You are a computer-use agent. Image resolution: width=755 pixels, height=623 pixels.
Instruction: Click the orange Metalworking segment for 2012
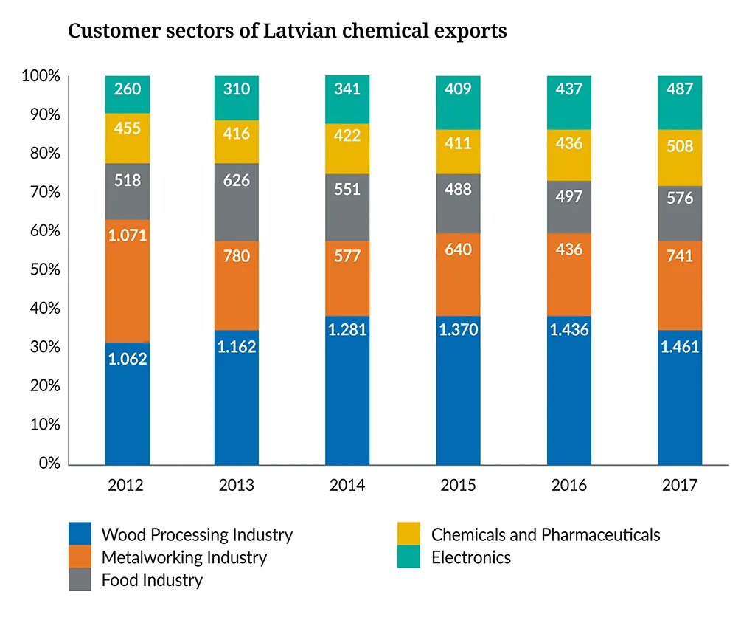(128, 280)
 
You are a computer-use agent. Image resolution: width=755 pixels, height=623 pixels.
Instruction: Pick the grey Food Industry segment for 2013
(237, 202)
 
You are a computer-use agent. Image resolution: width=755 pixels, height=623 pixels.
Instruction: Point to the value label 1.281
(347, 329)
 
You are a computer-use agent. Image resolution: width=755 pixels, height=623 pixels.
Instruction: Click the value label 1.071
(128, 236)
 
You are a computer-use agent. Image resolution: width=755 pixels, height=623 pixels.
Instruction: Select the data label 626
(237, 179)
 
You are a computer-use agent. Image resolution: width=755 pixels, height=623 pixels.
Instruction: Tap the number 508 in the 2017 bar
(679, 146)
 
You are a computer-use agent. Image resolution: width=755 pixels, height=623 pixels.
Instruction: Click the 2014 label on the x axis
(347, 486)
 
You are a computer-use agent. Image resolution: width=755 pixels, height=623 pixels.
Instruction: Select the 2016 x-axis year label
(568, 486)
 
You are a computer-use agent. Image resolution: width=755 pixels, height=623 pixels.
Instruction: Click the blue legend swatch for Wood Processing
(80, 534)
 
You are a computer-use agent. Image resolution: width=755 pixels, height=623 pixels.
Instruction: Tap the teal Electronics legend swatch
(408, 557)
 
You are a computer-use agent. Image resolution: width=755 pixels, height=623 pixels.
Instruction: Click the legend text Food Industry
(152, 580)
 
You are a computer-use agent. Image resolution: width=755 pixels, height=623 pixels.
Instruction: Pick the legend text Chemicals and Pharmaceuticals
(546, 534)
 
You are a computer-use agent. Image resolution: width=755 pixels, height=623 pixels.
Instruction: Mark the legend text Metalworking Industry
(184, 557)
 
